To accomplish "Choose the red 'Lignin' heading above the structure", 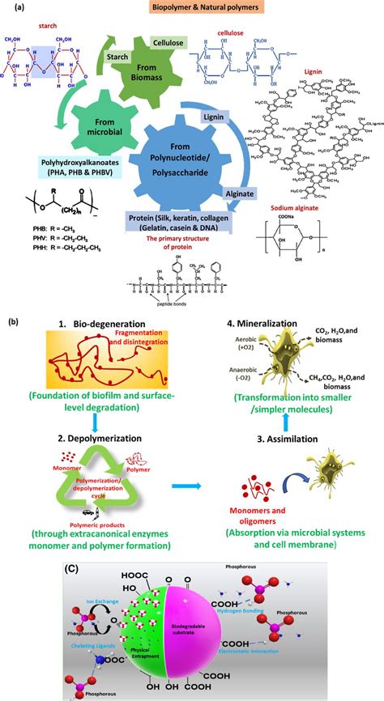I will click(x=313, y=70).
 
